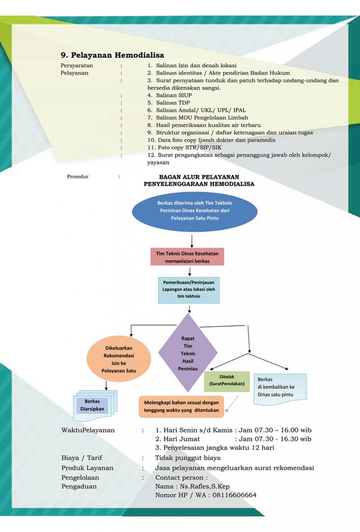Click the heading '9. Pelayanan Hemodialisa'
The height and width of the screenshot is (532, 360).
coord(112,55)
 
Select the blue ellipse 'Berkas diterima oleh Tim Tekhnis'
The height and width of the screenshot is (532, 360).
coord(194,210)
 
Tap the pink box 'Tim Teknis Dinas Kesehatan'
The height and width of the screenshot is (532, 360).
coord(187,257)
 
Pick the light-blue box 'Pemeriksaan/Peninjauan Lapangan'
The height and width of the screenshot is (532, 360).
coord(189,290)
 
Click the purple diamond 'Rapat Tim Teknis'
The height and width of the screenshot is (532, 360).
coord(188,353)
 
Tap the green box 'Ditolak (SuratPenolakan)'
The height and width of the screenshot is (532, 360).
coord(226,380)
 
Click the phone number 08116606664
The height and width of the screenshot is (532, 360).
coord(231,495)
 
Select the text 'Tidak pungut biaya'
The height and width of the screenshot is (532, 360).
coord(188,458)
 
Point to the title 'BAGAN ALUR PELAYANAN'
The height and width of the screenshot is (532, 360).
coord(199,177)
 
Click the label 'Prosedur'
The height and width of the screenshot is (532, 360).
coord(77,176)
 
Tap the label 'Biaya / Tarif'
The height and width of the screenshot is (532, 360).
coord(81,458)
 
